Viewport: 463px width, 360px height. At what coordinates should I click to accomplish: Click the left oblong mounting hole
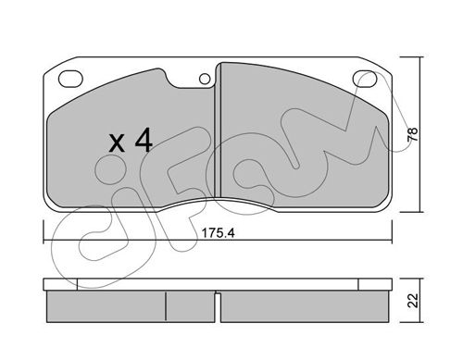click(x=70, y=79)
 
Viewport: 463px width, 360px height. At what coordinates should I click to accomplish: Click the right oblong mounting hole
click(x=365, y=79)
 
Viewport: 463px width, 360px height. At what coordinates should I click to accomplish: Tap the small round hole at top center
click(x=205, y=80)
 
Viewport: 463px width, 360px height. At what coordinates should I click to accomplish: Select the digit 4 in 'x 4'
click(x=143, y=141)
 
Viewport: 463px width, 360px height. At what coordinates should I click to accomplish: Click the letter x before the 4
click(x=117, y=143)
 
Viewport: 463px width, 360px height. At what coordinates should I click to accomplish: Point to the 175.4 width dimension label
click(x=218, y=233)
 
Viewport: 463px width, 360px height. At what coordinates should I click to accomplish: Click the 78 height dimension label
click(x=412, y=134)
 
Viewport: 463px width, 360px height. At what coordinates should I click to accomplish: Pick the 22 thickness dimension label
click(x=413, y=300)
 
